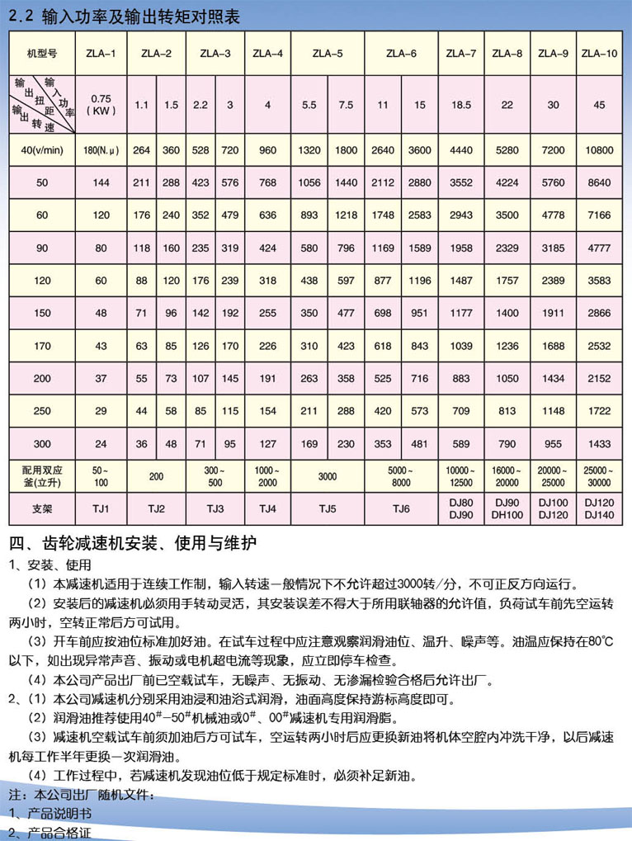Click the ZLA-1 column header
click(101, 54)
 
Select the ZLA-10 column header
click(599, 54)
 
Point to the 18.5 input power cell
click(460, 105)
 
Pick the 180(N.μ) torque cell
click(101, 150)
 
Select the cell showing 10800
click(599, 150)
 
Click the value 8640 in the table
click(599, 183)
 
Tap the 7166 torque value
click(599, 215)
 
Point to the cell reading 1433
click(599, 443)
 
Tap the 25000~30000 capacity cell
click(599, 475)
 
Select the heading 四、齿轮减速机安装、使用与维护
click(132, 544)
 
